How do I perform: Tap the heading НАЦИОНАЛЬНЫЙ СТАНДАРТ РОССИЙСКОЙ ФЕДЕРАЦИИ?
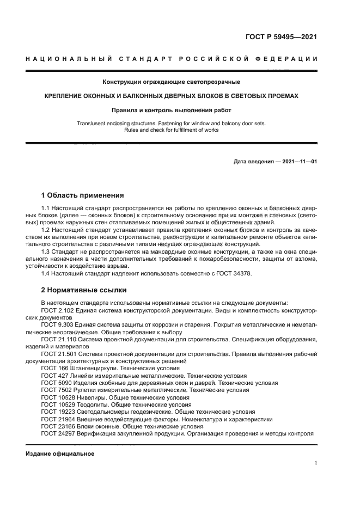pos(172,59)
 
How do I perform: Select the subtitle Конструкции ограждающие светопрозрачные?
pos(172,82)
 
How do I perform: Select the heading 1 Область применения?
pos(83,195)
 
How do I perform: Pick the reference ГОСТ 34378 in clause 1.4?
pos(235,273)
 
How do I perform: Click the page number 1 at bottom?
pos(316,463)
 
